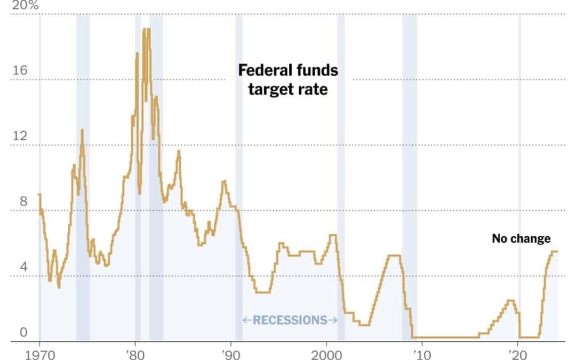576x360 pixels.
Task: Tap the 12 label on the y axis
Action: coord(19,137)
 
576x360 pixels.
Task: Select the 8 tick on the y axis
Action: coord(22,202)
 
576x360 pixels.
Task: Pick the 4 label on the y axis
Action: coord(22,267)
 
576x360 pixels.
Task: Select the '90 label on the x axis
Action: coord(230,354)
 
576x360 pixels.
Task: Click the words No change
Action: coord(521,238)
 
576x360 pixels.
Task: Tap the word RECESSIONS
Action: coord(290,320)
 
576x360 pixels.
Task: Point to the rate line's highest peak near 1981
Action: coord(145,29)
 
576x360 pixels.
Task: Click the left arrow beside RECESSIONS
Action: coord(246,320)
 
